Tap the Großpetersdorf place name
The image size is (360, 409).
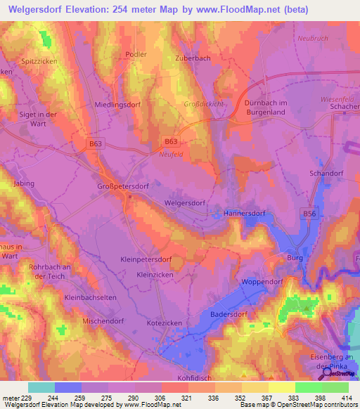123,188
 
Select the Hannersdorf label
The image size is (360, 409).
247,212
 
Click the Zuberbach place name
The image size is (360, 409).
193,58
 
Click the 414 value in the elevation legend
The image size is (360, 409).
335,398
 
